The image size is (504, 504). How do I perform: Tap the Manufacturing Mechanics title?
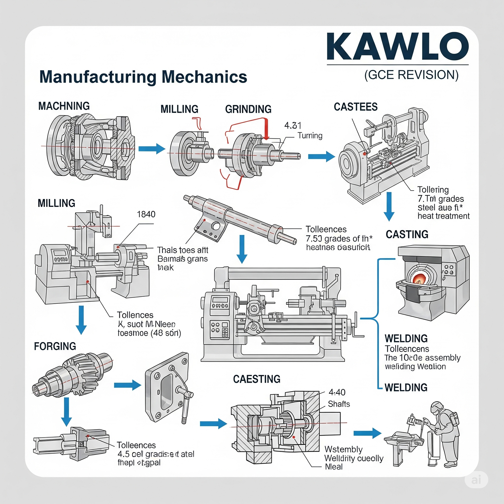tap(143, 77)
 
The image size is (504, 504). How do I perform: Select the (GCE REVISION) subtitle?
tap(411, 75)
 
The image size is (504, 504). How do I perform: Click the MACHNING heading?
tap(64, 106)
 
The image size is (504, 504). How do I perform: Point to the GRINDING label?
tap(248, 109)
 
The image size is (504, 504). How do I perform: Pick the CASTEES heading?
tap(356, 107)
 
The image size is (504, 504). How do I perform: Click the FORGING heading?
tap(55, 346)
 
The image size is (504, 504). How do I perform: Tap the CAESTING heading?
tap(257, 379)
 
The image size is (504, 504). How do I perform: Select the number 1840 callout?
tap(146, 215)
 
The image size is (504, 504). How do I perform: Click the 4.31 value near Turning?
tap(293, 126)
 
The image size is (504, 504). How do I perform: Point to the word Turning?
tap(310, 136)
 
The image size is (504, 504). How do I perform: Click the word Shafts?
tap(339, 404)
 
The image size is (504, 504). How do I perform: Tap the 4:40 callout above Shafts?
tap(337, 392)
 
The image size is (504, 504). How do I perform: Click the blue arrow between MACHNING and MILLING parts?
tap(152, 149)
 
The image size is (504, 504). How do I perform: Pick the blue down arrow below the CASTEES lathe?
tap(389, 207)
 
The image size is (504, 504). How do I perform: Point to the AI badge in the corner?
tap(476, 480)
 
